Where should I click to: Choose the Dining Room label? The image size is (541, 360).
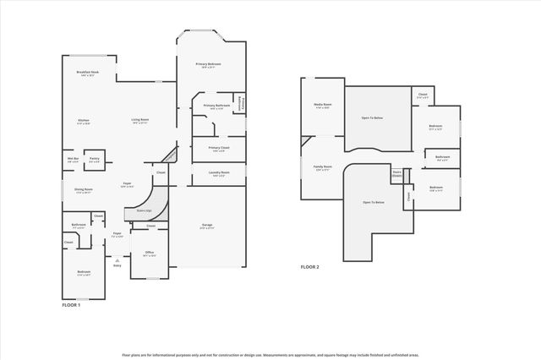pyautogui.click(x=84, y=191)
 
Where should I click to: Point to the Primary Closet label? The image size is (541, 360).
pyautogui.click(x=218, y=149)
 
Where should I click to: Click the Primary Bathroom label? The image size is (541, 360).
pyautogui.click(x=215, y=106)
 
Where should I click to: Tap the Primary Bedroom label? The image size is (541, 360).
pyautogui.click(x=209, y=65)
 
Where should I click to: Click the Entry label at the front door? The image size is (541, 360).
pyautogui.click(x=117, y=265)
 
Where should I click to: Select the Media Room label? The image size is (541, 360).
pyautogui.click(x=322, y=106)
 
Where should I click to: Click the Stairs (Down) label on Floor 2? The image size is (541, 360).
pyautogui.click(x=396, y=174)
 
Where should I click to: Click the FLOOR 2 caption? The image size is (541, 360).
pyautogui.click(x=309, y=266)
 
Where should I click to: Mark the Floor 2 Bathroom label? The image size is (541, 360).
pyautogui.click(x=442, y=158)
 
